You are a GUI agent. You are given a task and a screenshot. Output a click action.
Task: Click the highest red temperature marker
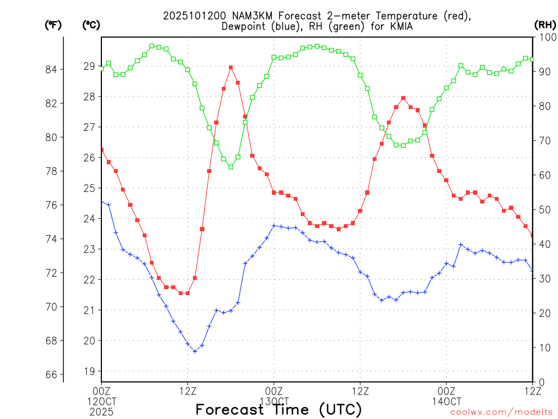pyautogui.click(x=231, y=67)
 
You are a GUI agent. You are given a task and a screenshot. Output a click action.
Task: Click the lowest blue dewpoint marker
pyautogui.click(x=195, y=351)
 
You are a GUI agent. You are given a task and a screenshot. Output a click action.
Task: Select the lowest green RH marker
pyautogui.click(x=231, y=167)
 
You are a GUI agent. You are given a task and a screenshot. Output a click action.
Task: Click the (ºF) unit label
pyautogui.click(x=53, y=25)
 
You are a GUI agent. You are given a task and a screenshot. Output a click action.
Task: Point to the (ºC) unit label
pyautogui.click(x=91, y=25)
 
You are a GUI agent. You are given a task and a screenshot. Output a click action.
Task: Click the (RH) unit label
pyautogui.click(x=545, y=25)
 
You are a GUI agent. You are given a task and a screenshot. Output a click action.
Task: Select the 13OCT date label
pyautogui.click(x=274, y=401)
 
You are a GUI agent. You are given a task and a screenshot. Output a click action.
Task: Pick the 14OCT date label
pyautogui.click(x=446, y=401)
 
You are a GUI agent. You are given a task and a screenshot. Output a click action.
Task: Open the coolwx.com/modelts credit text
pyautogui.click(x=501, y=412)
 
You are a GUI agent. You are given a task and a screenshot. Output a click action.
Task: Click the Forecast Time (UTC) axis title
pyautogui.click(x=278, y=409)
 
